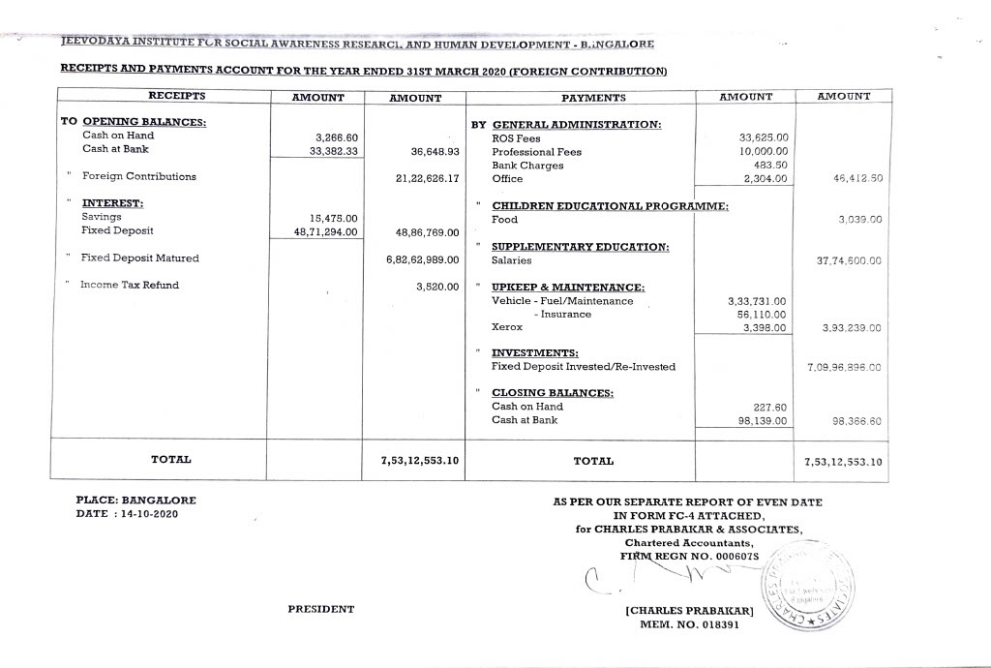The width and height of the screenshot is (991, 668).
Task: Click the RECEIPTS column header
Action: click(176, 96)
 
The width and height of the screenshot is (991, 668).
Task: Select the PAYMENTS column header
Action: click(593, 98)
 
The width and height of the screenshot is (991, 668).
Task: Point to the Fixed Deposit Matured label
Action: click(139, 258)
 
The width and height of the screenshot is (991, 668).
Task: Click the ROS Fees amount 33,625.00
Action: click(764, 138)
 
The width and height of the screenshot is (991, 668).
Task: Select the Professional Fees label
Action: click(536, 152)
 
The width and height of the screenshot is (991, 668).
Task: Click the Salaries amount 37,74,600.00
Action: click(849, 261)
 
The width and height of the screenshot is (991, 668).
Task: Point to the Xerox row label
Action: click(506, 328)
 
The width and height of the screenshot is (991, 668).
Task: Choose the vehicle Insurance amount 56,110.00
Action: click(763, 315)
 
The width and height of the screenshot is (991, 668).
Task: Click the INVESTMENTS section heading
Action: click(534, 353)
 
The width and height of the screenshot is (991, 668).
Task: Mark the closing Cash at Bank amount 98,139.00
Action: click(763, 421)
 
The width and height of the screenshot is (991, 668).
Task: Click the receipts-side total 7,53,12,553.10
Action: click(413, 461)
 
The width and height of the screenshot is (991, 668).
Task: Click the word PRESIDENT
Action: click(320, 610)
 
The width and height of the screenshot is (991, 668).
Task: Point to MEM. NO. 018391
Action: click(689, 625)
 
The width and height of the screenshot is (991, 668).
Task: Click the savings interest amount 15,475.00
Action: click(333, 218)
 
